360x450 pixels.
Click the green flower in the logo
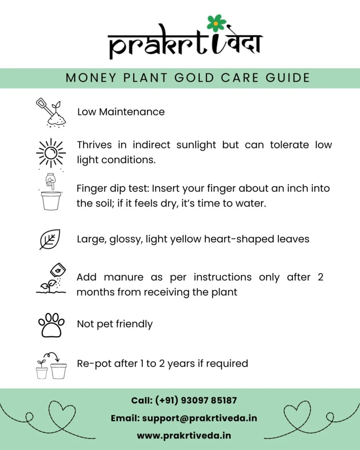pyautogui.click(x=216, y=23)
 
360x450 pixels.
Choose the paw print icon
pyautogui.click(x=51, y=325)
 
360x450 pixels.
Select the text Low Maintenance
pyautogui.click(x=121, y=112)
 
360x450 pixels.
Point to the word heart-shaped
pyautogui.click(x=244, y=239)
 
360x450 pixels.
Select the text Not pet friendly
pyautogui.click(x=115, y=324)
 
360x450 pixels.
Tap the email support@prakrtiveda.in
pyautogui.click(x=200, y=418)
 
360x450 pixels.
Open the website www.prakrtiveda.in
pyautogui.click(x=184, y=436)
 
